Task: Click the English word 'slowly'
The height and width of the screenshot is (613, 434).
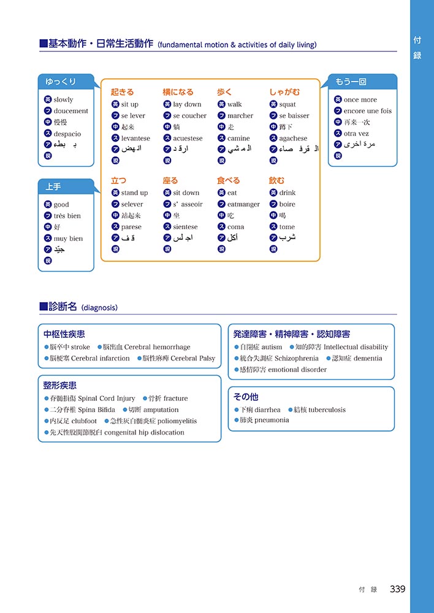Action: point(63,100)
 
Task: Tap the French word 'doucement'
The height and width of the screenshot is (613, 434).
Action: point(70,111)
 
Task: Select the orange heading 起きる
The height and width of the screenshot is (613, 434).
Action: point(122,92)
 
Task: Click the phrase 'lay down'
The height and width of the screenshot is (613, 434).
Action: point(187,104)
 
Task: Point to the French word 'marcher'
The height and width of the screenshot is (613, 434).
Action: point(240,116)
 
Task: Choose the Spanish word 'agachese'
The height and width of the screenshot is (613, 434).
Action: point(293,139)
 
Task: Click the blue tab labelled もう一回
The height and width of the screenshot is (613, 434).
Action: point(351,82)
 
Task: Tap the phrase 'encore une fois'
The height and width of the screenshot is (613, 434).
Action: point(367,111)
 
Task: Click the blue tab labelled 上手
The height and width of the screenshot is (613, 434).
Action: point(53,186)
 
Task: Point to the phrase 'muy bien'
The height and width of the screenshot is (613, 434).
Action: point(68,238)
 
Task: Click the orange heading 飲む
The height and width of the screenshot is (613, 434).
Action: point(276,181)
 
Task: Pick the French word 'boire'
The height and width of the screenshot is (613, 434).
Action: point(287,204)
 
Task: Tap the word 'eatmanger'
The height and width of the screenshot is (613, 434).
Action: point(243,204)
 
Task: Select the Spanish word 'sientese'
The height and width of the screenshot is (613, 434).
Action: point(185,227)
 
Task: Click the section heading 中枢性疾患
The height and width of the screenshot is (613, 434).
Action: point(64,334)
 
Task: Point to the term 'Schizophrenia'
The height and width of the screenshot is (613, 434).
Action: point(297,358)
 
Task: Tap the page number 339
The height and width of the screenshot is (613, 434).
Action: point(397,589)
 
